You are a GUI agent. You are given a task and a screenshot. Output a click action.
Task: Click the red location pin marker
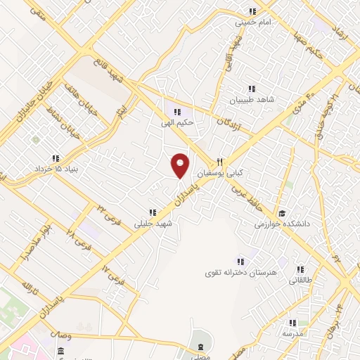coord(180,165)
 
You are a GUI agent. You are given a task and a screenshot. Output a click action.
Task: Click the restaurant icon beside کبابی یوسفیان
coord(220,161)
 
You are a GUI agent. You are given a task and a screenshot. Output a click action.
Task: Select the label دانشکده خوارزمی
coord(282,225)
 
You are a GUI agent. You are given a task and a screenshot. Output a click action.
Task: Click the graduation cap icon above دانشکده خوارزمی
coord(282,213)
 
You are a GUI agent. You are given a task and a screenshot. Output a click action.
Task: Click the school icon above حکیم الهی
coord(178,111)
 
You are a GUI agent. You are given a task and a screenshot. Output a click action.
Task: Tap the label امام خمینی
coord(252,22)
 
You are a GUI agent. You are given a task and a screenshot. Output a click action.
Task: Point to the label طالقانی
coord(300,280)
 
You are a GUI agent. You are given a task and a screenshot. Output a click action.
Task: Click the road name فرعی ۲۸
coord(79,240)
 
